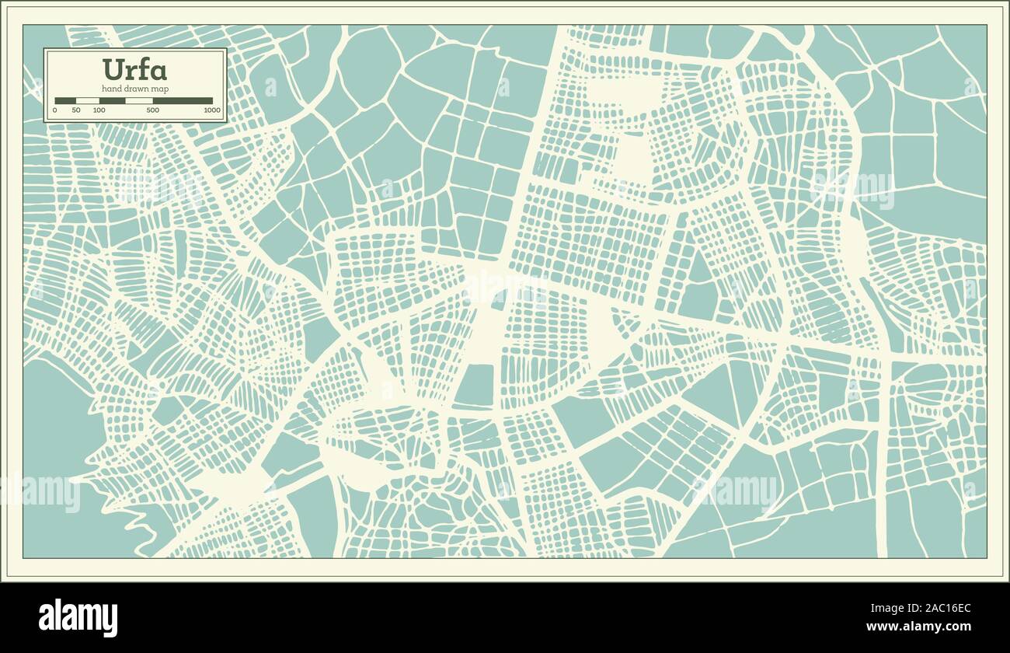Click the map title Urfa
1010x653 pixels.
134,70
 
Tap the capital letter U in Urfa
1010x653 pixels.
113,70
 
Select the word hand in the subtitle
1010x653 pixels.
111,89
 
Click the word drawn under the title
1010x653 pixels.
137,89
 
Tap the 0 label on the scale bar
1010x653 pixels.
54,110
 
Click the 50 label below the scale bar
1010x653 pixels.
76,110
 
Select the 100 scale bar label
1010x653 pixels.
99,110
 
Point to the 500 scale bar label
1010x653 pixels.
152,110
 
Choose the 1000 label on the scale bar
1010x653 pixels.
211,110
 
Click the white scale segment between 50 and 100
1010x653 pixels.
88,100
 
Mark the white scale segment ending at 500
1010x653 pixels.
139,100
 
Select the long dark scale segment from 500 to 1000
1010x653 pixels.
183,100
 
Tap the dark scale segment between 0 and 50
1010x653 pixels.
65,100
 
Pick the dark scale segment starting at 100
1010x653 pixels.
112,100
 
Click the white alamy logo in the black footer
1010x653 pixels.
78,618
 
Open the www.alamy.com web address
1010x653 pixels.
918,627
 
